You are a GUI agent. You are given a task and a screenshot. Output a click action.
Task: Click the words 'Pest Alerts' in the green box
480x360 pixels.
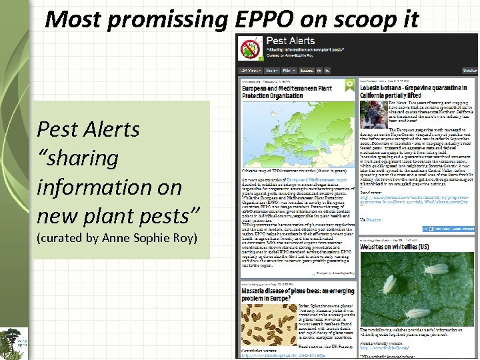pyautogui.click(x=88, y=128)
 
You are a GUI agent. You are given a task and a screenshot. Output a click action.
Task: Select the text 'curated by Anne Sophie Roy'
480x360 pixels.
pyautogui.click(x=117, y=238)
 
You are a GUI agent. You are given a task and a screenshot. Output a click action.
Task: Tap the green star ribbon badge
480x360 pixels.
pyautogui.click(x=349, y=85)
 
